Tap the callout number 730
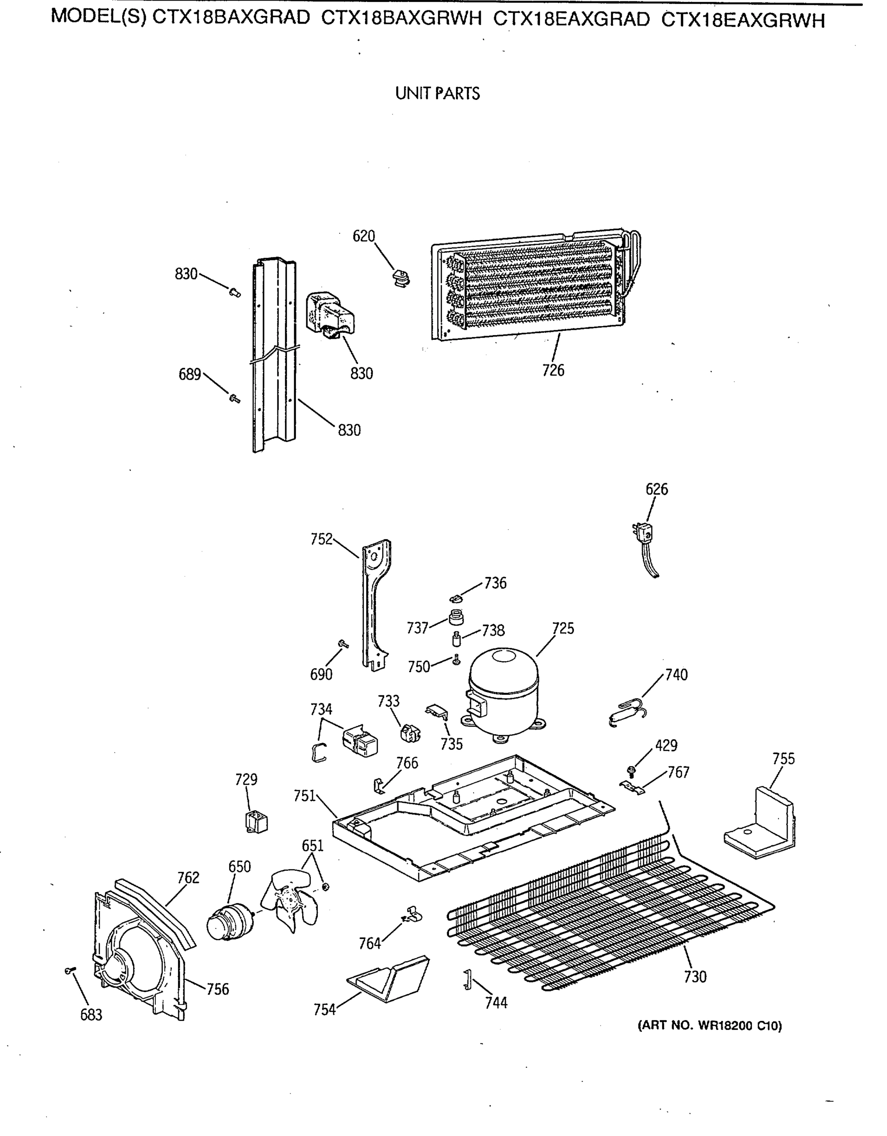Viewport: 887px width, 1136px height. click(x=695, y=977)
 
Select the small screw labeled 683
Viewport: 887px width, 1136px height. click(x=70, y=971)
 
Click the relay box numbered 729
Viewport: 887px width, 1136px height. click(x=256, y=822)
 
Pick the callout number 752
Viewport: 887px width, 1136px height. click(x=321, y=540)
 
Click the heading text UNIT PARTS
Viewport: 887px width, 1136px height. click(x=437, y=94)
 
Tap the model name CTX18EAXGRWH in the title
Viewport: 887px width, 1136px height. click(x=743, y=20)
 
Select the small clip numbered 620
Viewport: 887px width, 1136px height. click(x=401, y=278)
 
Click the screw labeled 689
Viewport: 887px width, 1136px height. click(x=234, y=399)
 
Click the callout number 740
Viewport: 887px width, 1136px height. click(x=676, y=674)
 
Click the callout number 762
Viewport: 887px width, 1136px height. click(x=188, y=878)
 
